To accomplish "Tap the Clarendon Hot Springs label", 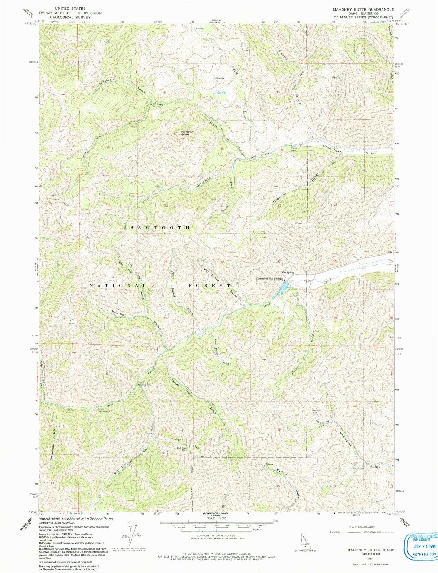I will tap(269, 278).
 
